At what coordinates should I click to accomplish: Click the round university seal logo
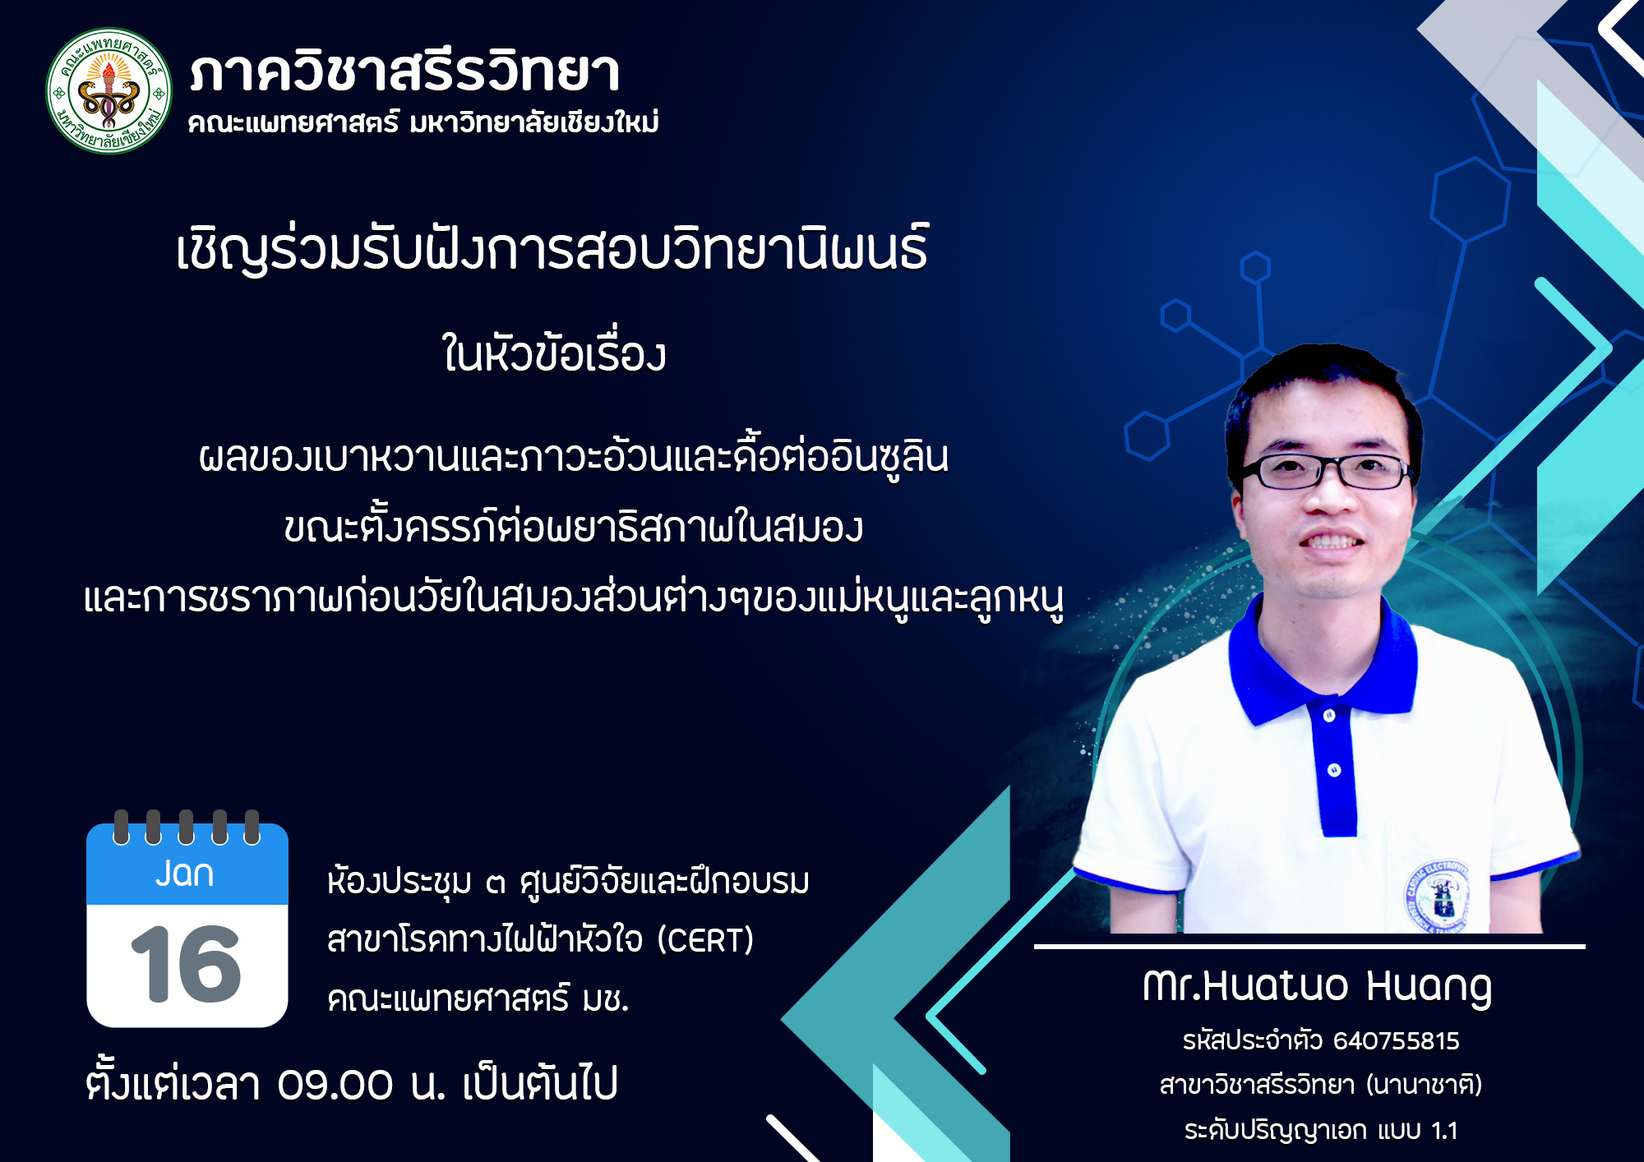[x=109, y=91]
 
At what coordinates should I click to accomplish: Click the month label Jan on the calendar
[x=185, y=873]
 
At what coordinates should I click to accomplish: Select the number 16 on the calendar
[x=186, y=964]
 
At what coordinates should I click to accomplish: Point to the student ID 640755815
[x=1396, y=1041]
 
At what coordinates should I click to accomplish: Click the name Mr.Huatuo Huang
[x=1317, y=986]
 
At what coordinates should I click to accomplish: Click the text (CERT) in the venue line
[x=705, y=940]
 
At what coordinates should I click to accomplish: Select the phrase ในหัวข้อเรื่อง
[x=553, y=353]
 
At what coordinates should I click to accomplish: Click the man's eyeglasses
[x=1326, y=472]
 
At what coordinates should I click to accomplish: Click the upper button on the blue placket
[x=1329, y=716]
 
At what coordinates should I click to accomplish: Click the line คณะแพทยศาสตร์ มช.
[x=478, y=999]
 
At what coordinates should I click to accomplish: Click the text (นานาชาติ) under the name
[x=1425, y=1085]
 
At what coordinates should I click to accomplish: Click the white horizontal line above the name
[x=1309, y=947]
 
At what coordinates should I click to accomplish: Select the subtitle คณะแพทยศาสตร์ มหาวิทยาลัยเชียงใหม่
[x=423, y=122]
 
